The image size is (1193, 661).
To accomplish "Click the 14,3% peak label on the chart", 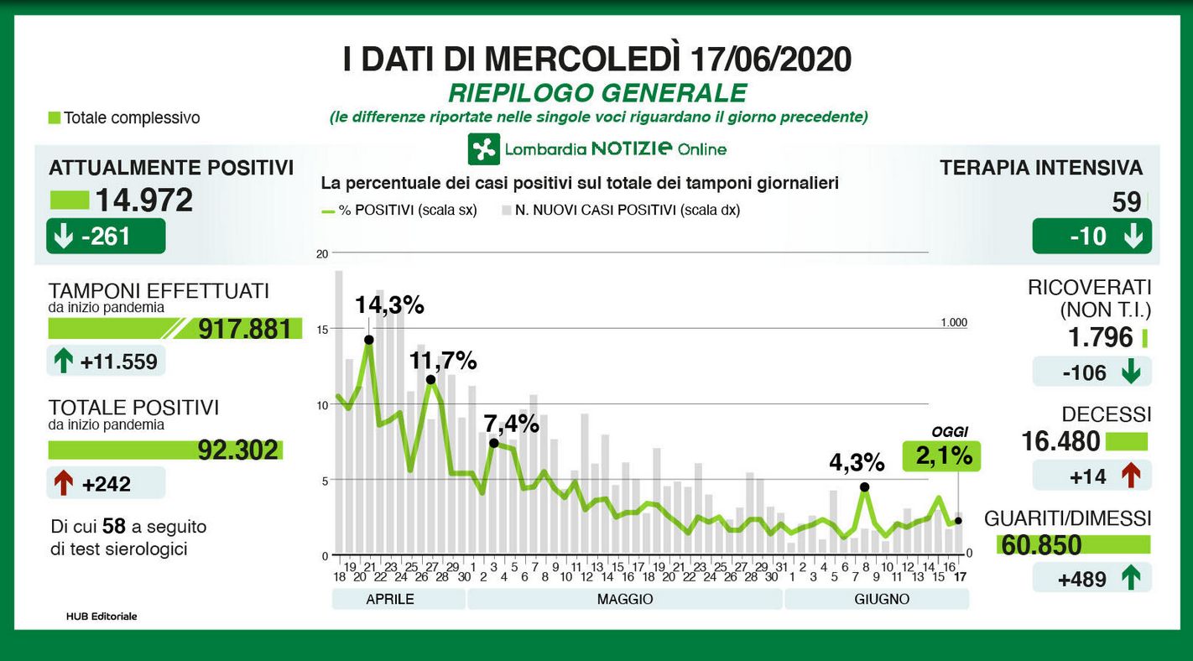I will point(389,305).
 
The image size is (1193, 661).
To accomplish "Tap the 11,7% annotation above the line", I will point(443,362).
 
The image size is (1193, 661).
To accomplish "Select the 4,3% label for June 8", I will point(857,462).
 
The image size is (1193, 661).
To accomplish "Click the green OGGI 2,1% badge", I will point(940,455).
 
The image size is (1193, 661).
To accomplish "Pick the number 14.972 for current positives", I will point(143,200).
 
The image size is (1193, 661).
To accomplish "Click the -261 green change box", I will point(106,237).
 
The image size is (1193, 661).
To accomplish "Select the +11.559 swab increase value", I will point(118,362).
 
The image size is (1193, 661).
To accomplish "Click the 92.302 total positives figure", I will point(237,450).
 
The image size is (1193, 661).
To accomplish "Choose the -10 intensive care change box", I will point(1091,237).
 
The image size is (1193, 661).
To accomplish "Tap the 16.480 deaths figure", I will point(1060,441).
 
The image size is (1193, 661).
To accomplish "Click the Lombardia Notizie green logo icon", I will point(484,149).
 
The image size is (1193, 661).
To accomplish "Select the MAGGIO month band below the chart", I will point(624,599).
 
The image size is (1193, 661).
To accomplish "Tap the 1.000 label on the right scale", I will point(954,322).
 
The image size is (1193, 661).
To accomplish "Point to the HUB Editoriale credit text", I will point(102,617).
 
